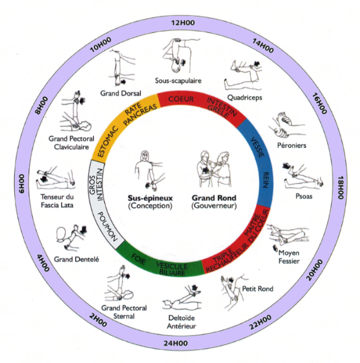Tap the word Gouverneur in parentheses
tap(215, 206)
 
